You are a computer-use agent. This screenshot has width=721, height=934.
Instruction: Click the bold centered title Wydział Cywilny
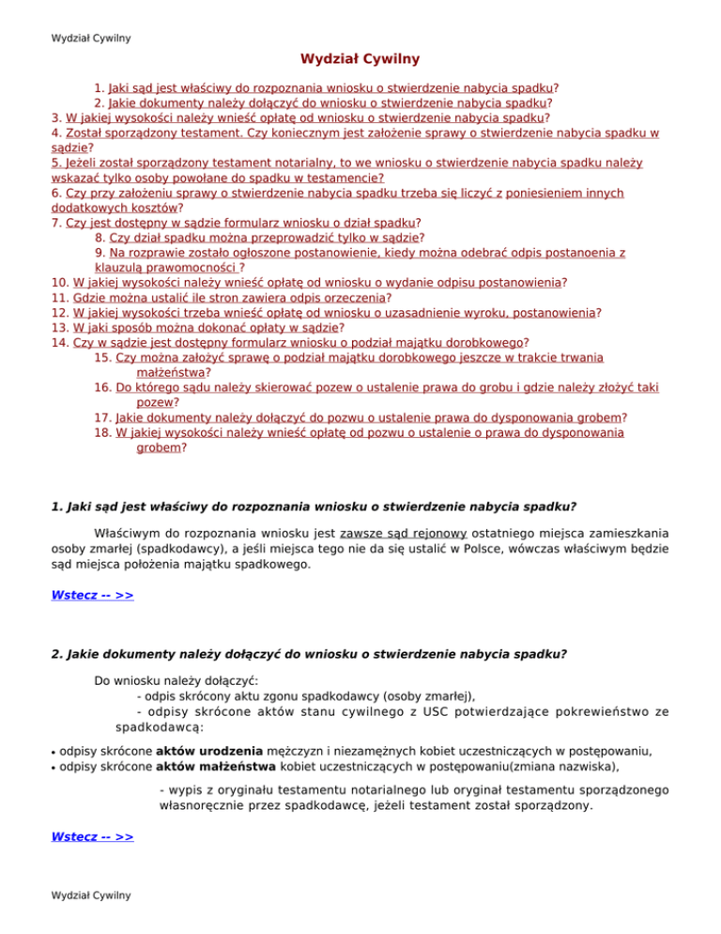360,59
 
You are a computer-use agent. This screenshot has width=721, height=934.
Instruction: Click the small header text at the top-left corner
91,39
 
